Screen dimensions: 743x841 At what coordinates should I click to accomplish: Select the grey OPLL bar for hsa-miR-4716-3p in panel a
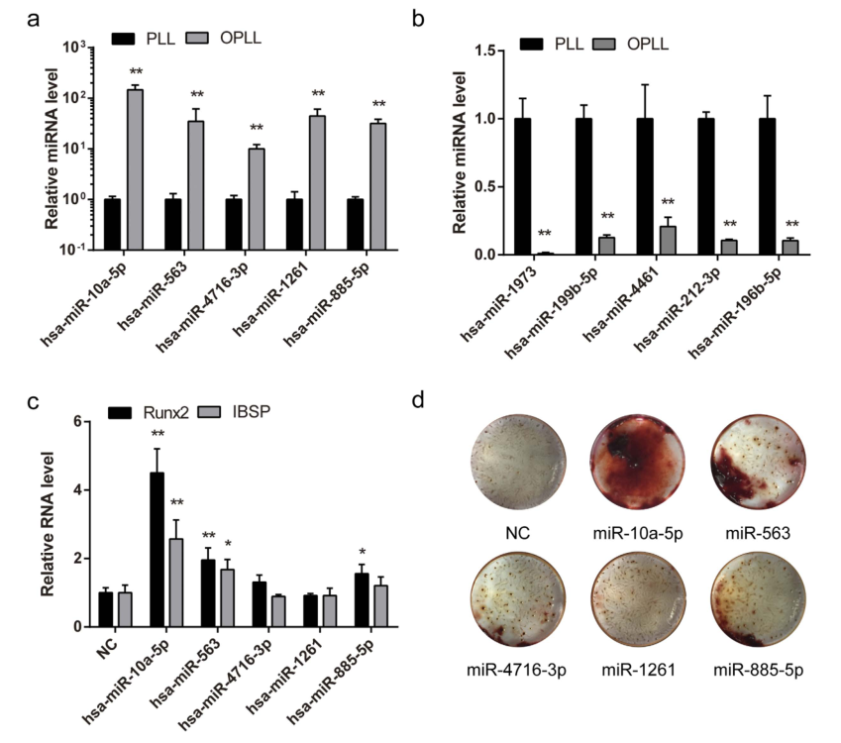tap(257, 198)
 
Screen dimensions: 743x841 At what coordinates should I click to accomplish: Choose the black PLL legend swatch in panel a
tap(124, 37)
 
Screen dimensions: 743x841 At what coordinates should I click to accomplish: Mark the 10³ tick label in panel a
tap(74, 47)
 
